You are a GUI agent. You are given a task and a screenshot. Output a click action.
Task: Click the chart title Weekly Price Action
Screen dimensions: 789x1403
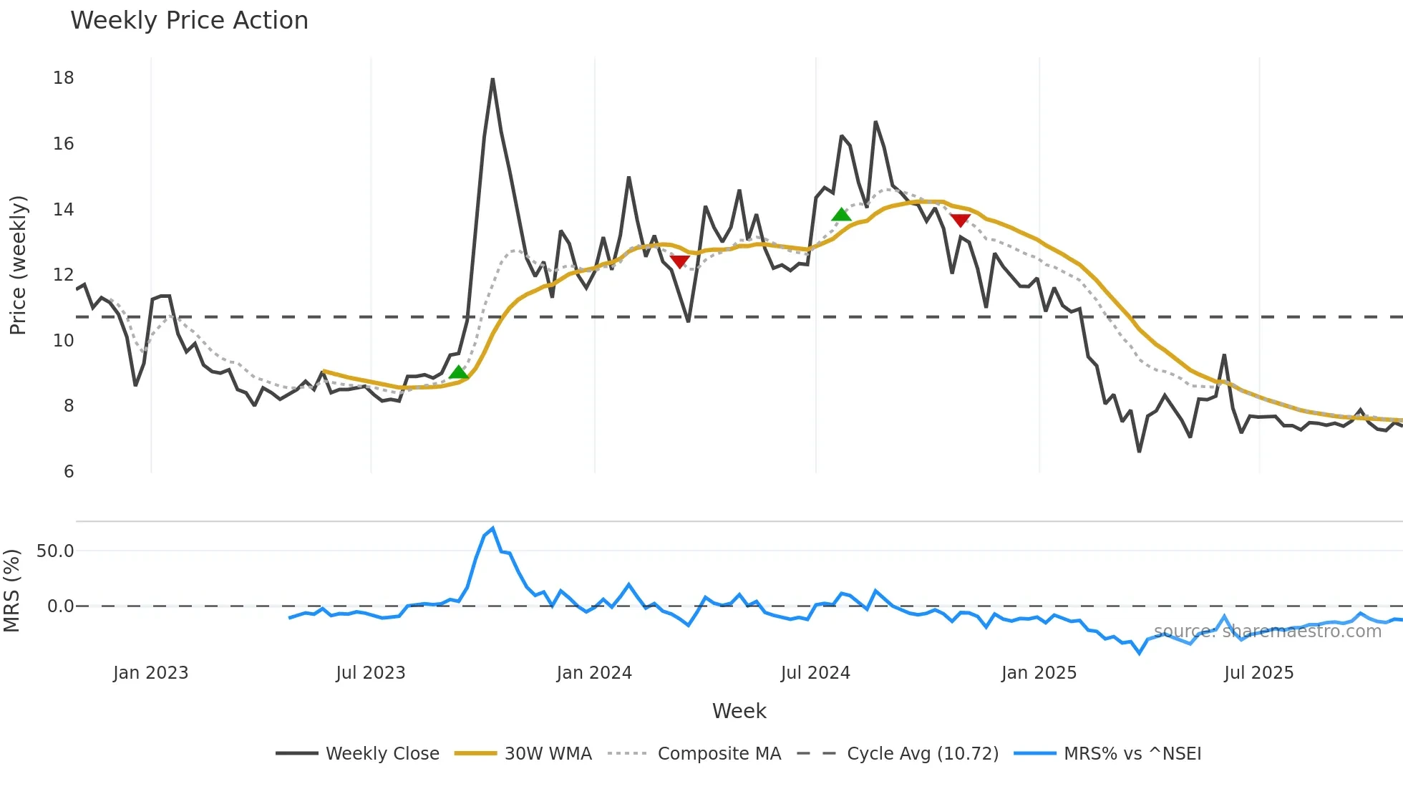pyautogui.click(x=189, y=20)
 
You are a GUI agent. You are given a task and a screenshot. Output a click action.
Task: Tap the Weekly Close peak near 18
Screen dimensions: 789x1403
pyautogui.click(x=492, y=80)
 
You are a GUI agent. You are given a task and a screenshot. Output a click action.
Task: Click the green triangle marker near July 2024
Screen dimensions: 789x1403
pyautogui.click(x=841, y=214)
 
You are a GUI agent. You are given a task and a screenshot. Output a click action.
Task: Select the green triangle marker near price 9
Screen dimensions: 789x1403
pyautogui.click(x=458, y=372)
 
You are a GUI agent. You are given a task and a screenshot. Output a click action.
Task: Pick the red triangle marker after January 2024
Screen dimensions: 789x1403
pyautogui.click(x=679, y=261)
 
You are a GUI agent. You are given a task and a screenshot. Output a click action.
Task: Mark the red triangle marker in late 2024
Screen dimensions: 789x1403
pyautogui.click(x=960, y=221)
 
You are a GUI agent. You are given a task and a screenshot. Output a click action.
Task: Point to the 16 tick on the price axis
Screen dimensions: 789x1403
pyautogui.click(x=63, y=143)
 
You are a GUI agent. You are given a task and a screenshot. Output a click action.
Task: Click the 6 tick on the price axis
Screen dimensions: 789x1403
pyautogui.click(x=69, y=471)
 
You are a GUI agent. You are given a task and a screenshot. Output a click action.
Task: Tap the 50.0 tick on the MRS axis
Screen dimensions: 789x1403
pyautogui.click(x=55, y=551)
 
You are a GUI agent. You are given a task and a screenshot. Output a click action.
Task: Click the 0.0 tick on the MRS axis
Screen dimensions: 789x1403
pyautogui.click(x=60, y=606)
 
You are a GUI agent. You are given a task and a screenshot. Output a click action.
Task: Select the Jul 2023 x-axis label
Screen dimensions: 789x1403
pyautogui.click(x=370, y=672)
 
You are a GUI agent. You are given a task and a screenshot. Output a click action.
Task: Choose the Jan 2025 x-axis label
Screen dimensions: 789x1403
pyautogui.click(x=1039, y=672)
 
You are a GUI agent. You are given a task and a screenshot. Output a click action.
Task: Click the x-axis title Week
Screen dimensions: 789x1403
pyautogui.click(x=739, y=711)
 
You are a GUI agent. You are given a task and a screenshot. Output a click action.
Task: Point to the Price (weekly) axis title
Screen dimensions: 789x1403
pyautogui.click(x=18, y=265)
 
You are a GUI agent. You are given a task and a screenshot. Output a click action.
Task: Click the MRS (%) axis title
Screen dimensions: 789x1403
pyautogui.click(x=11, y=591)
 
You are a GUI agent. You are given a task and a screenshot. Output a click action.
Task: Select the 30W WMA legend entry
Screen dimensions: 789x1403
pyautogui.click(x=548, y=753)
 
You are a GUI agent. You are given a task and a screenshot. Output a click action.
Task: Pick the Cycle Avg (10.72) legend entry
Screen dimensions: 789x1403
pyautogui.click(x=922, y=753)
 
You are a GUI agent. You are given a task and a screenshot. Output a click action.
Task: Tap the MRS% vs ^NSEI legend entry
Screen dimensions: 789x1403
pyautogui.click(x=1132, y=753)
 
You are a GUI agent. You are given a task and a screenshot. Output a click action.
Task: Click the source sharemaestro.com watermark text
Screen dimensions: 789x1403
pyautogui.click(x=1267, y=631)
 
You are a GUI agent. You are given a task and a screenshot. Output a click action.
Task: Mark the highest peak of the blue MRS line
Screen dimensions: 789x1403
pyautogui.click(x=492, y=529)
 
